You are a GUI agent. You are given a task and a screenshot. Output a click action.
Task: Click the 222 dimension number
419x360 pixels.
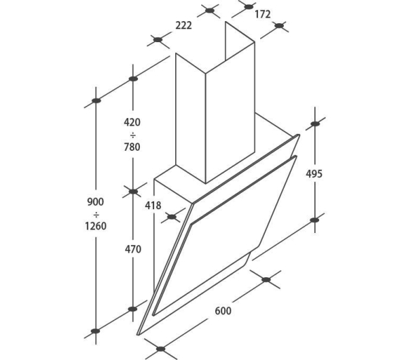point(183,26)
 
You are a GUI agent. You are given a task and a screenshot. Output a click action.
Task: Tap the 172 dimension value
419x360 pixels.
point(263,14)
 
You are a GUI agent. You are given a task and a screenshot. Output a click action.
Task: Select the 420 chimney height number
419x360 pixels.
point(132,122)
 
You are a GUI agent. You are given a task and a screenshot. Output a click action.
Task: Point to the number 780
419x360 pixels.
point(132,147)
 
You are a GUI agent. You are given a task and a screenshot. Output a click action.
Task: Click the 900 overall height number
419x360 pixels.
point(95,202)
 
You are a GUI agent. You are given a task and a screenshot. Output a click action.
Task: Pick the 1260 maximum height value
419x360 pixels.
point(96,226)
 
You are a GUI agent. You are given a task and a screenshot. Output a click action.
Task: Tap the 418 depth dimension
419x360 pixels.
point(153,206)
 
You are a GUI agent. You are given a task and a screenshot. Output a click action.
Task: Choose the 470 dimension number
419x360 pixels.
point(133,249)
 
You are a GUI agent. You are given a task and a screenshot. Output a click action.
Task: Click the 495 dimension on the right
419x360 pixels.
point(314,174)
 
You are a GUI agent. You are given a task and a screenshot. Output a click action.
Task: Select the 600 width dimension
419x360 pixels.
point(223,311)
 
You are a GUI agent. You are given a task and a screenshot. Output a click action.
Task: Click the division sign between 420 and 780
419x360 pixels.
point(132,135)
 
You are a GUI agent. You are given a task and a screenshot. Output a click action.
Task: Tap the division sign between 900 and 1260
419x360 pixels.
point(96,215)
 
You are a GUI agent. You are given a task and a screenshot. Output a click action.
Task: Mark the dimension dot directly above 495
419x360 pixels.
point(315,124)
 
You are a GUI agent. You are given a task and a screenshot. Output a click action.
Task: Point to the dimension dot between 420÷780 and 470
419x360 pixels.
point(133,192)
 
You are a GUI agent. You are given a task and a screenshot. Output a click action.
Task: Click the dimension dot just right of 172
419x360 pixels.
point(279,26)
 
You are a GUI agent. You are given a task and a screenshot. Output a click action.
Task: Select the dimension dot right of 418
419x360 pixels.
point(172,217)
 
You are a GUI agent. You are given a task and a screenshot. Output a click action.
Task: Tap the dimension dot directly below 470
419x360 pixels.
point(132,309)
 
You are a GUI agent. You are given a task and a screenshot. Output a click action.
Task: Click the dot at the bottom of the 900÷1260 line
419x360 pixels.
point(95,331)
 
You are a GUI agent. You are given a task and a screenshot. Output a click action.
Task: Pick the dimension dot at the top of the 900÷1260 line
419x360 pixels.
point(96,101)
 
